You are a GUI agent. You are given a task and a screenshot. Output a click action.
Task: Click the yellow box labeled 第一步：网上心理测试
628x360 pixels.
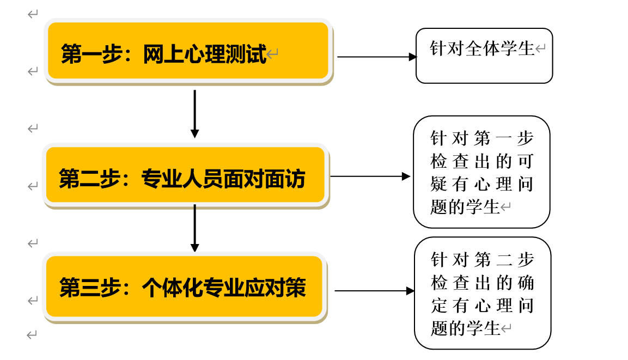[x=188, y=51]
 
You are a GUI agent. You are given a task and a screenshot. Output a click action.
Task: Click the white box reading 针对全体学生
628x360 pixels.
[x=484, y=56]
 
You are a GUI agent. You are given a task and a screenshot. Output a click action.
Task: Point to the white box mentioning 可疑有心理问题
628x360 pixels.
[x=481, y=172]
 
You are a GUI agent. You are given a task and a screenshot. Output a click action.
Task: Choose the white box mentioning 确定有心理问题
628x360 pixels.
[x=483, y=293]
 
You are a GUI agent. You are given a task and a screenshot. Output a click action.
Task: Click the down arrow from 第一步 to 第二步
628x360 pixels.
[x=194, y=114]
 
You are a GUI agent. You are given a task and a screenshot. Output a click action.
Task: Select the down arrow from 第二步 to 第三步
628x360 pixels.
[x=194, y=228]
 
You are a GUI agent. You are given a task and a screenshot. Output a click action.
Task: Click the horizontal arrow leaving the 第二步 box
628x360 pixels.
[x=370, y=176]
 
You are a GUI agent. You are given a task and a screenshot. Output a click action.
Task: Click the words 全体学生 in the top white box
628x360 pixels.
[x=500, y=48]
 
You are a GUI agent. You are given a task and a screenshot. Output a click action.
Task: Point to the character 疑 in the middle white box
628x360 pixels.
[x=438, y=184]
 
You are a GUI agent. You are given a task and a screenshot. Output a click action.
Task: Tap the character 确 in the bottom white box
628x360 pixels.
[x=526, y=283]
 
